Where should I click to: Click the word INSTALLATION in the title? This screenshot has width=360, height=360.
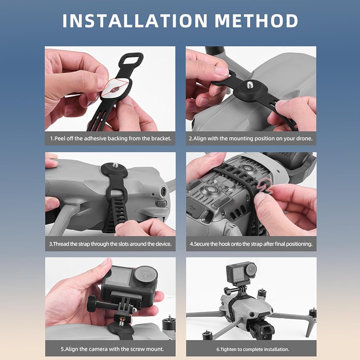(x=135, y=21)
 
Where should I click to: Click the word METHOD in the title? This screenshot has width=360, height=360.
(x=256, y=21)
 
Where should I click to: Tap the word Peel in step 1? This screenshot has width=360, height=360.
(x=59, y=139)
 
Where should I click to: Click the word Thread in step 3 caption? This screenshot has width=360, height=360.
(x=60, y=244)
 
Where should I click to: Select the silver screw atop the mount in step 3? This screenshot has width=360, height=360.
(x=115, y=165)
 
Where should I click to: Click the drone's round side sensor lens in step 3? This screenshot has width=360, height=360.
(x=163, y=191)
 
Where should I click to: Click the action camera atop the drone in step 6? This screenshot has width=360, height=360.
(x=242, y=273)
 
